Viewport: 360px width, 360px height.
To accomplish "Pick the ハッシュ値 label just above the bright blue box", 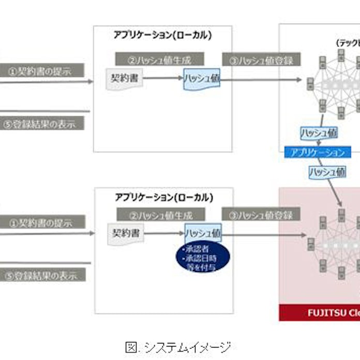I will point(319,133).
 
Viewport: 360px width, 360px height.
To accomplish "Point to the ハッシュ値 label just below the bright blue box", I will point(327,172).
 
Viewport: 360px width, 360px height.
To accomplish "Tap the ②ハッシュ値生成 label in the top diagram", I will point(159,59).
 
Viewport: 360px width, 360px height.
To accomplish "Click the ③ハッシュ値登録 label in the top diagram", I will point(261,60).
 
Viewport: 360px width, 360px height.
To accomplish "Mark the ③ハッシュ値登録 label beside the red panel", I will point(261,215).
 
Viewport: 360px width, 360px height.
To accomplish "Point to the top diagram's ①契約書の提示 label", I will point(42,70).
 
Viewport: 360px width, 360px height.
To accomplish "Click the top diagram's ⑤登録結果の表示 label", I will point(42,124).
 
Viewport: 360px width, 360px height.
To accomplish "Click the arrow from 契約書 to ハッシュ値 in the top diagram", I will point(163,79).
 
